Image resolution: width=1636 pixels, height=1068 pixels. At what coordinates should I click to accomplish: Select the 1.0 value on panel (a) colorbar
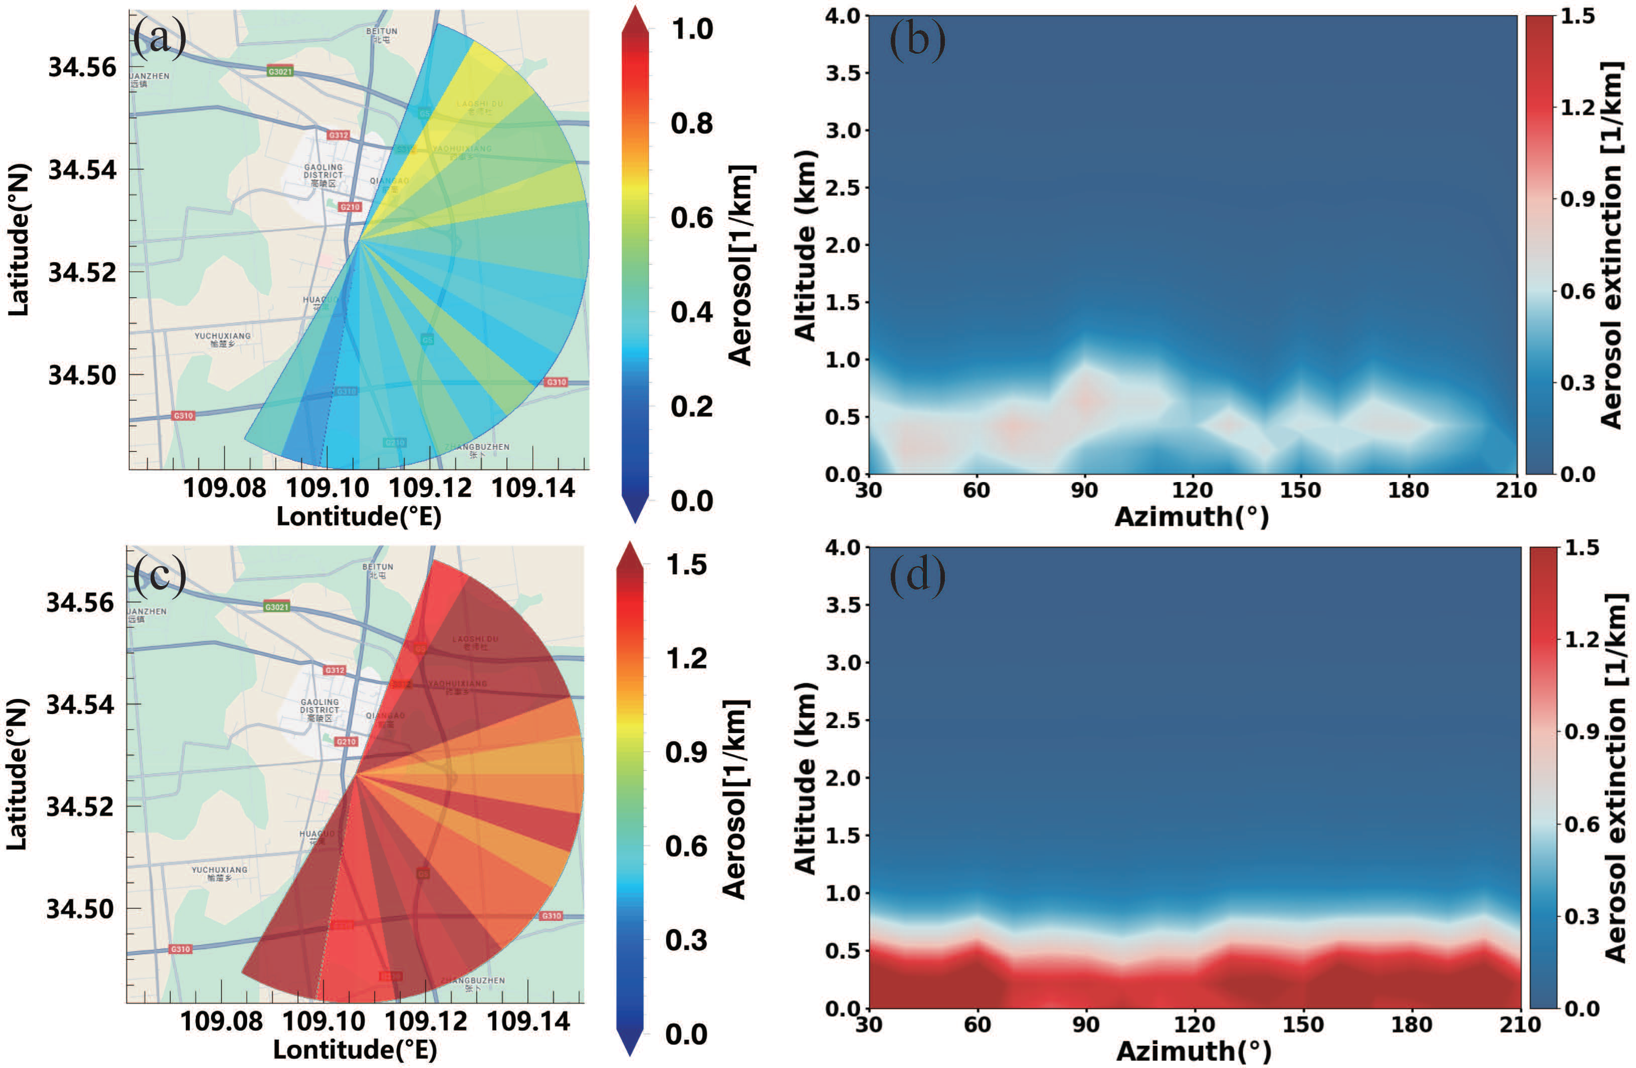tap(692, 29)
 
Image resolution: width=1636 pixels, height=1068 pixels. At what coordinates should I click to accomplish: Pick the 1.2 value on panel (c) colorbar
tap(686, 658)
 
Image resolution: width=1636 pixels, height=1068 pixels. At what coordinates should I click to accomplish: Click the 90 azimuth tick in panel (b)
tap(1084, 490)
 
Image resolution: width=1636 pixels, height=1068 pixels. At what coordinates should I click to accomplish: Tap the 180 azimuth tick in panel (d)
tap(1411, 1025)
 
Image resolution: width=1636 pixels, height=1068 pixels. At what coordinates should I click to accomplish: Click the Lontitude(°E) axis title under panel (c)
tap(355, 1049)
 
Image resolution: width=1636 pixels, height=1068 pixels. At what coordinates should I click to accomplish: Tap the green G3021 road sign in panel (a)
tap(280, 72)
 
